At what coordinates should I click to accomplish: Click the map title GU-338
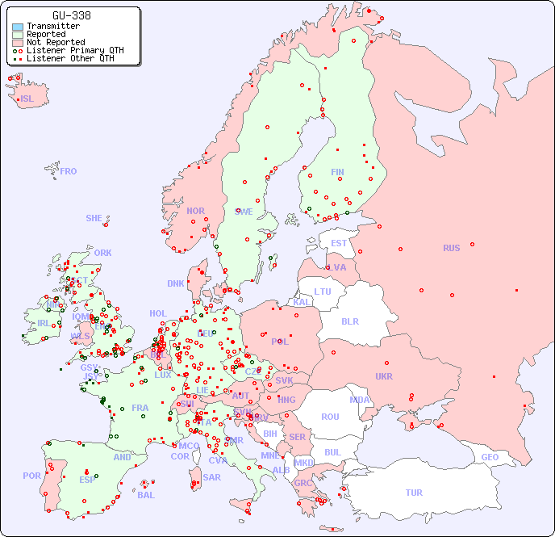click(72, 15)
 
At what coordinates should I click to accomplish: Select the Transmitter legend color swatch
click(18, 27)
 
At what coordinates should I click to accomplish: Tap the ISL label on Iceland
click(27, 99)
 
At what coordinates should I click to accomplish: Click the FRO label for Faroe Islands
click(69, 171)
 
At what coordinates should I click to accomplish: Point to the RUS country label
click(451, 248)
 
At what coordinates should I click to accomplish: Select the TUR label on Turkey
click(414, 493)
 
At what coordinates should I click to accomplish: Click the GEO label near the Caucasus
click(490, 457)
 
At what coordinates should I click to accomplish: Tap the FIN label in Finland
click(337, 172)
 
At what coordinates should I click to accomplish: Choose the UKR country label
click(384, 376)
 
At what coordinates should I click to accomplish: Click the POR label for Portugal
click(31, 476)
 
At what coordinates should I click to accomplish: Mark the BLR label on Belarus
click(350, 321)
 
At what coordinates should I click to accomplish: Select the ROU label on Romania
click(330, 417)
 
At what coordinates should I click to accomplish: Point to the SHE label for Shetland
click(94, 218)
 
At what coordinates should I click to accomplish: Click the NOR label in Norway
click(195, 211)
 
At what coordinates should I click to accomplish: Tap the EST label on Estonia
click(339, 243)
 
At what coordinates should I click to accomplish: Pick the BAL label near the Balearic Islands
click(145, 495)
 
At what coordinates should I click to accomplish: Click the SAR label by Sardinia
click(211, 477)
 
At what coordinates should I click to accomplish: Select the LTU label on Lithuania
click(323, 292)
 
